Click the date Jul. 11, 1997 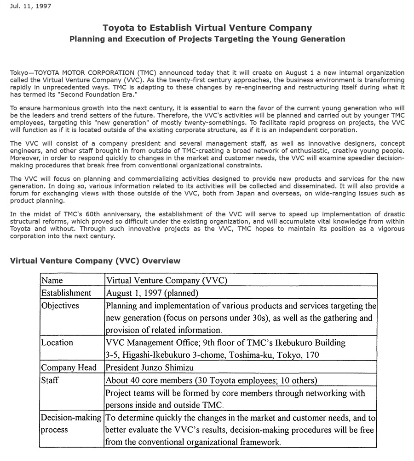[x=30, y=6]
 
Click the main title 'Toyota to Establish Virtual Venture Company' [x=207, y=28]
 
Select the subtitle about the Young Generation [x=207, y=39]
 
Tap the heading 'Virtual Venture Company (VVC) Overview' [x=95, y=261]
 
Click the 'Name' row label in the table [x=52, y=280]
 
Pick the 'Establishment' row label [x=66, y=293]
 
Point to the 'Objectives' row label [x=60, y=306]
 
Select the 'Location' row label [x=57, y=343]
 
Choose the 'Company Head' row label [x=69, y=367]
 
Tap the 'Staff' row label [x=50, y=380]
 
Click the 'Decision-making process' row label [x=71, y=424]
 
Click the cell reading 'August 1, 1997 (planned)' [x=152, y=293]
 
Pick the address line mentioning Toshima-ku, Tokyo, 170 [x=212, y=355]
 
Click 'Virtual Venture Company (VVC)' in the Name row [x=167, y=280]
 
